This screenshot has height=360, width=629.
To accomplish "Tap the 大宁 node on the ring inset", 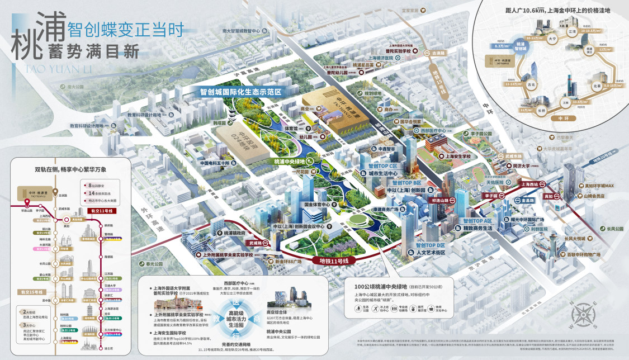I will [552, 39].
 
